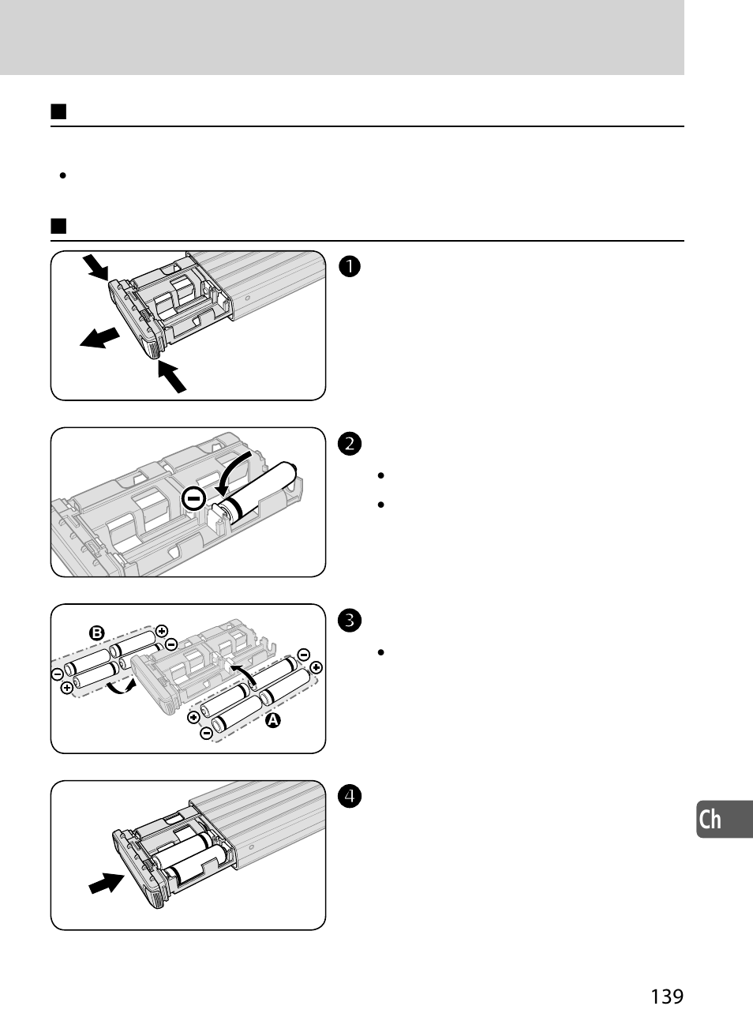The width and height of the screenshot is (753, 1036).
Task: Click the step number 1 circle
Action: tap(350, 267)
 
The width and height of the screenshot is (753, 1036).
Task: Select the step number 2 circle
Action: tap(350, 444)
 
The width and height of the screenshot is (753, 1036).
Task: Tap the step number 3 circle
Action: tap(350, 621)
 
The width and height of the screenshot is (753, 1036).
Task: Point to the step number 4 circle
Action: tap(350, 797)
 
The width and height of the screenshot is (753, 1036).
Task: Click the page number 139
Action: tap(667, 997)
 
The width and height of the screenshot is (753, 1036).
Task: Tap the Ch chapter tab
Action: tap(714, 820)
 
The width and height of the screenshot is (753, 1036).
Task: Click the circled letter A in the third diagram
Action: tap(274, 720)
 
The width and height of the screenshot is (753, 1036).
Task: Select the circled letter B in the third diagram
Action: tap(96, 632)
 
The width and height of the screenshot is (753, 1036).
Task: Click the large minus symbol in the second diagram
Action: tap(193, 499)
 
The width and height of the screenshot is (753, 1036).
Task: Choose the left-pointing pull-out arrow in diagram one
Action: tap(99, 338)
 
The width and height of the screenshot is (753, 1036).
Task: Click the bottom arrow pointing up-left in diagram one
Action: tap(171, 376)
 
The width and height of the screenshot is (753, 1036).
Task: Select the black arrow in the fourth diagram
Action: tap(107, 882)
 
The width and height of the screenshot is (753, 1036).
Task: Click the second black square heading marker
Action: tap(58, 227)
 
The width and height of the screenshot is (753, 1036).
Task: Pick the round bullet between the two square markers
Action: tap(61, 175)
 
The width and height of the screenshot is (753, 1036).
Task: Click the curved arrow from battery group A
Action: tap(244, 674)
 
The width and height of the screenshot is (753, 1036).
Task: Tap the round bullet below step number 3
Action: tap(380, 653)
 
